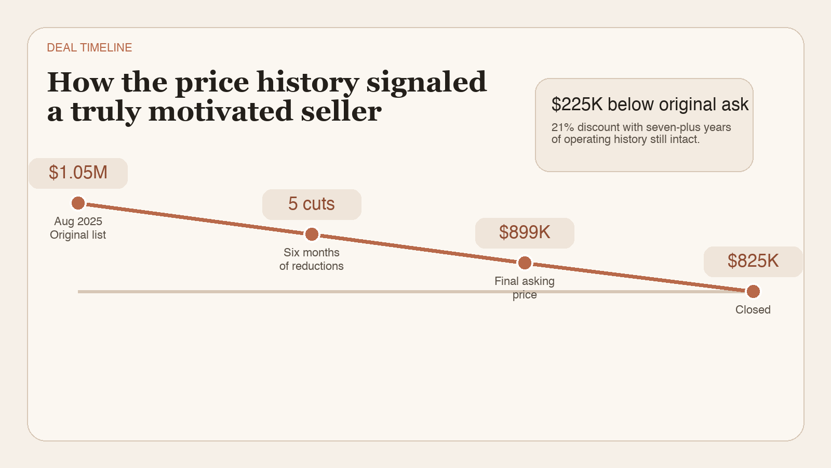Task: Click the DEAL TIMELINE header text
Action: click(x=89, y=48)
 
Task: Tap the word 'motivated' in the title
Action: click(x=220, y=112)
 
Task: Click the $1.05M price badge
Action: click(x=78, y=173)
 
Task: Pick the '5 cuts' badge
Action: click(x=312, y=204)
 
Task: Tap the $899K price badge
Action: click(x=525, y=232)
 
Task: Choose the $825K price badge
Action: click(x=753, y=261)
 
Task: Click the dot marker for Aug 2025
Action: click(x=78, y=203)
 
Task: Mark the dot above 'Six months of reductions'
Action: click(x=312, y=234)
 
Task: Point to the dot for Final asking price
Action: click(x=525, y=263)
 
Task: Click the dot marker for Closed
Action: click(x=753, y=291)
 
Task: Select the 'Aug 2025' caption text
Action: click(x=78, y=222)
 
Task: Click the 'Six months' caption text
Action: click(x=312, y=253)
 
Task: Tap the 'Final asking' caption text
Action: click(x=525, y=281)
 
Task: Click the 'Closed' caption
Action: click(x=753, y=310)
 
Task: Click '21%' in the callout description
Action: click(x=562, y=127)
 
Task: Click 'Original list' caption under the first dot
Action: click(x=78, y=235)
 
